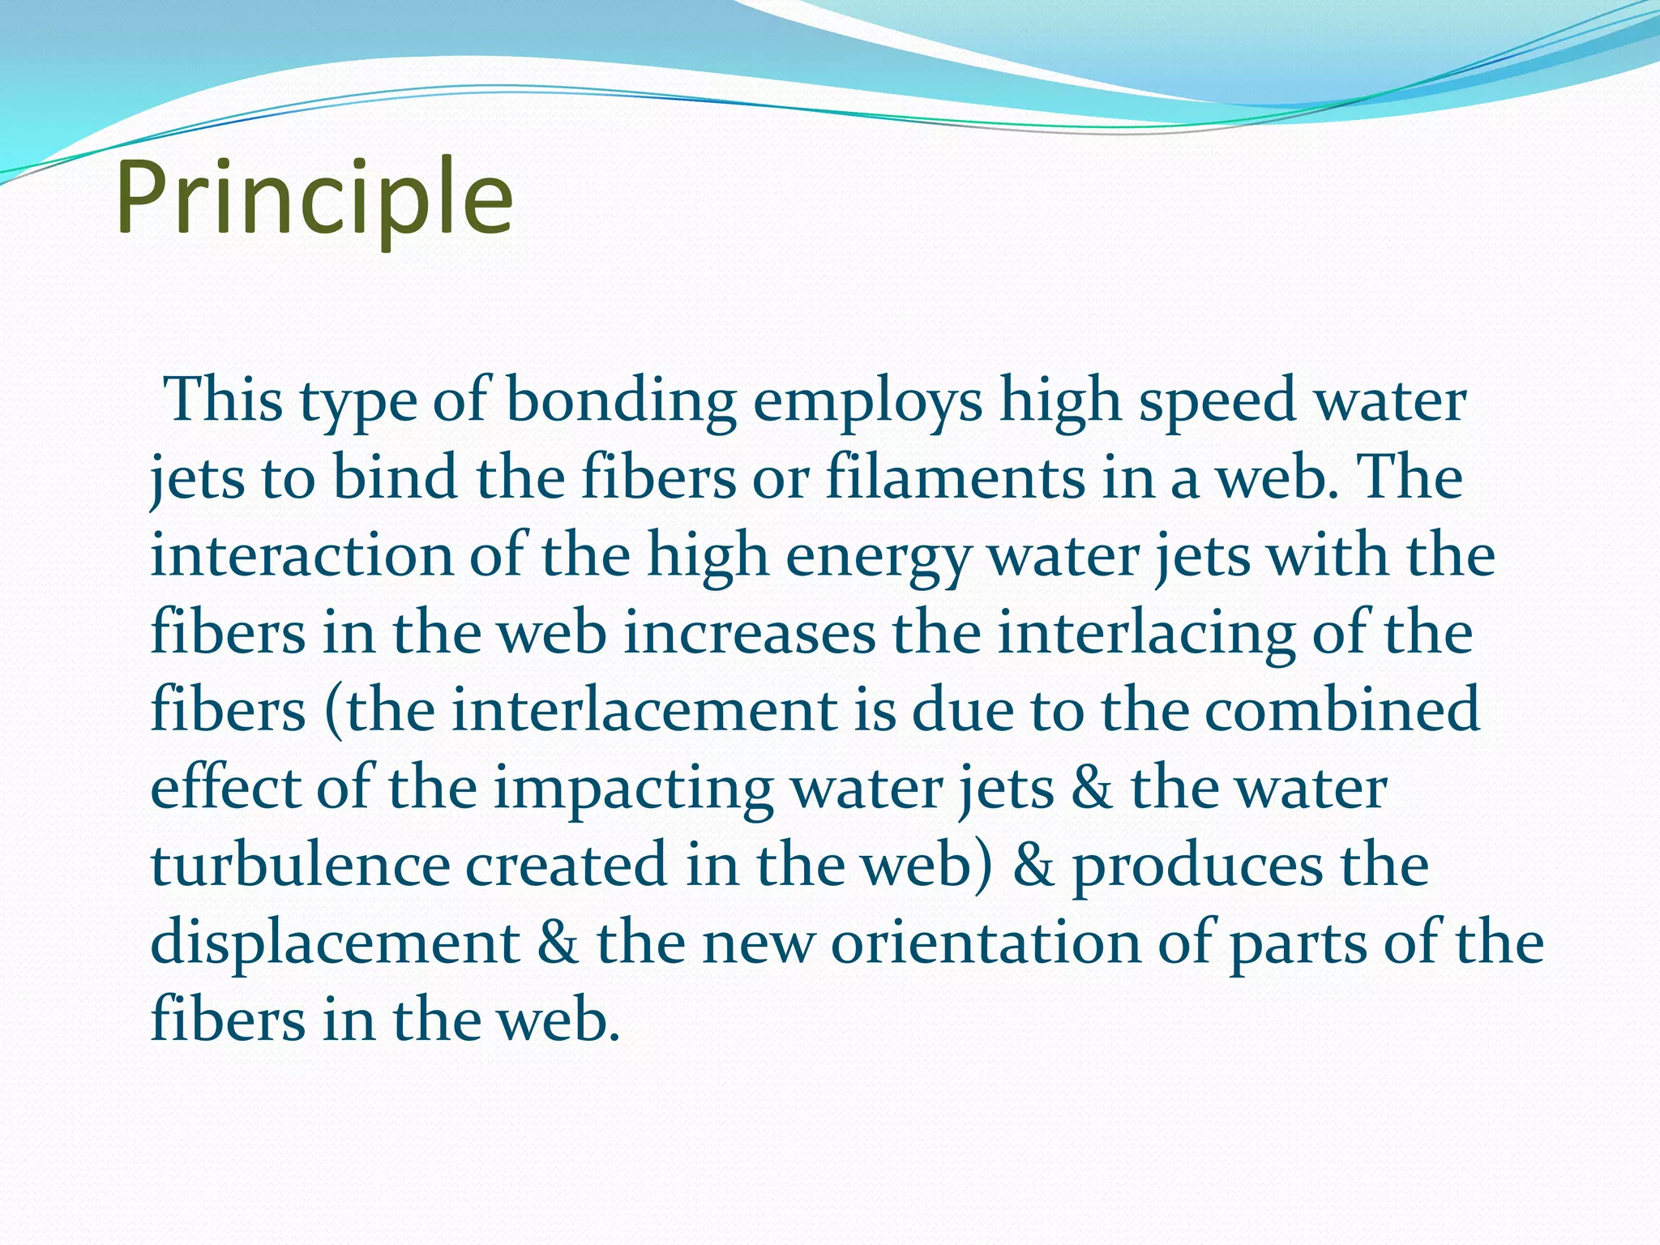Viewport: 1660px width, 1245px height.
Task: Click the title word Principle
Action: (314, 198)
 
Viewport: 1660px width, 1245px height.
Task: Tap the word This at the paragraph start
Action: (224, 400)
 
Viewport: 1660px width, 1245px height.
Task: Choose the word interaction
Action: (302, 555)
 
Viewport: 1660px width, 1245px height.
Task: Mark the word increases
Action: (750, 633)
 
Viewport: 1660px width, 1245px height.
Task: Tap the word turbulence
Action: (300, 865)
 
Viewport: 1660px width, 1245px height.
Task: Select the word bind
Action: (396, 477)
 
